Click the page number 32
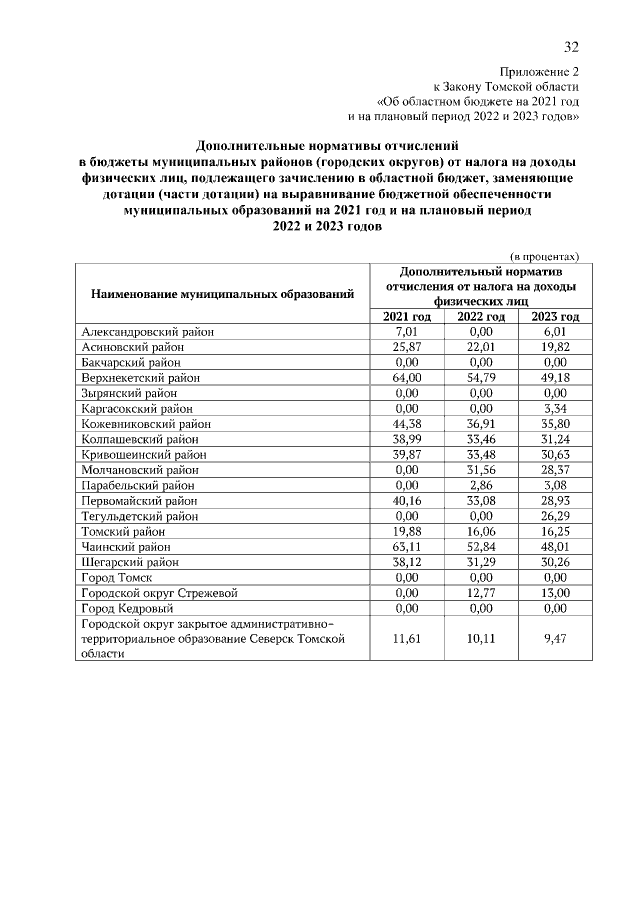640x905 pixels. (x=571, y=46)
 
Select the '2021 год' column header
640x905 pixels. (x=406, y=317)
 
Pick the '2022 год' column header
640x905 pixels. (x=481, y=317)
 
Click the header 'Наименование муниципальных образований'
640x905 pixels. (x=223, y=294)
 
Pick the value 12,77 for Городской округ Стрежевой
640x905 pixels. (x=482, y=594)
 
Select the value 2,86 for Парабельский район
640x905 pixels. (x=482, y=486)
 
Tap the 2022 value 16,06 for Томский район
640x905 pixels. (x=482, y=532)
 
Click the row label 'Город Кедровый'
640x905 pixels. (x=126, y=609)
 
